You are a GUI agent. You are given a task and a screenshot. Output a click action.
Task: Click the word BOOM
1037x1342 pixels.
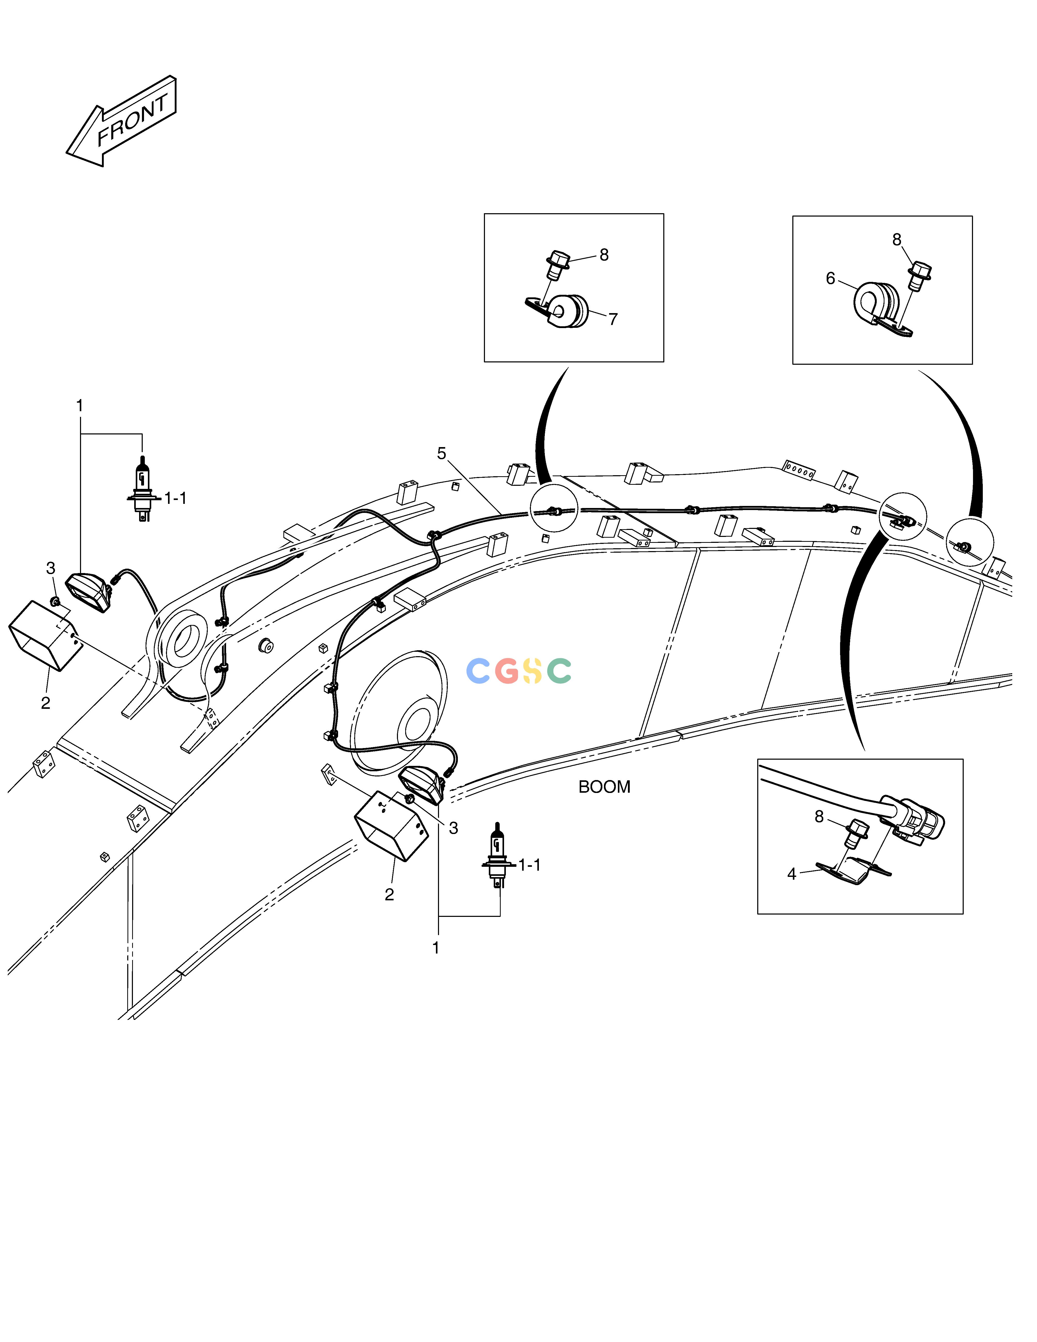click(x=604, y=787)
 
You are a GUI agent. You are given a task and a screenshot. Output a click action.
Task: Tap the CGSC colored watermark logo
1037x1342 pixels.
click(x=519, y=671)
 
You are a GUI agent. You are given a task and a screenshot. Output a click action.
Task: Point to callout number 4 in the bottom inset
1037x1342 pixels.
click(x=792, y=874)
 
